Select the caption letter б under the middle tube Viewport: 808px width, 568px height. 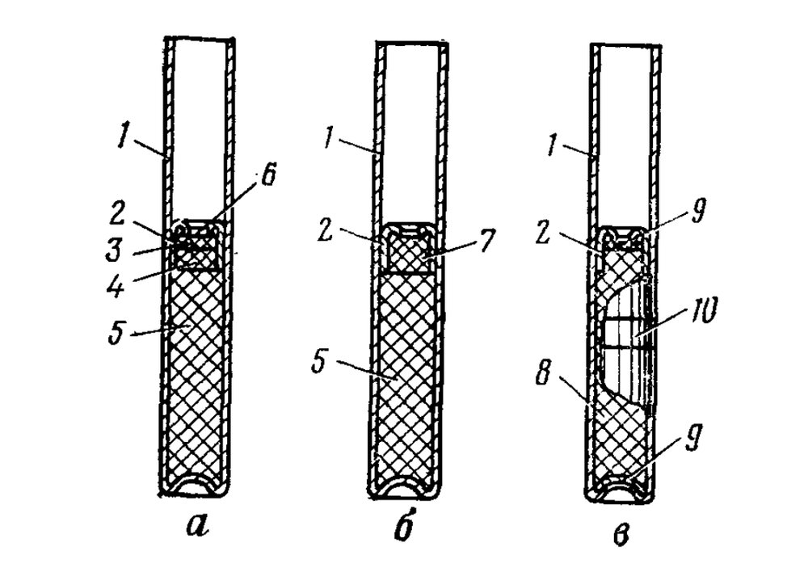[x=409, y=529]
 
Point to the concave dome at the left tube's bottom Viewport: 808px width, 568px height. [x=197, y=487]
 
